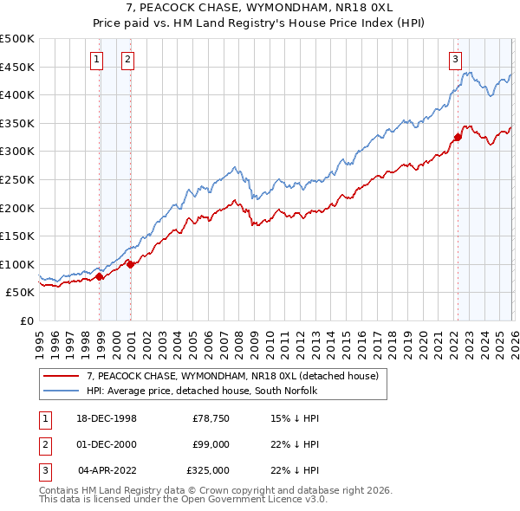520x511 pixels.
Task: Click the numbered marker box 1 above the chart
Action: (x=95, y=60)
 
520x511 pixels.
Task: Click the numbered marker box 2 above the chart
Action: (x=127, y=60)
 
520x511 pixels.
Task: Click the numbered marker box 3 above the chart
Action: (x=455, y=60)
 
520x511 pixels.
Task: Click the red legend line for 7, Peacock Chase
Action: (x=62, y=377)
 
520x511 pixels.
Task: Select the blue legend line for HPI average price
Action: (x=62, y=391)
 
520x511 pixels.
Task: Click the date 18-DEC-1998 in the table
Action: (x=106, y=418)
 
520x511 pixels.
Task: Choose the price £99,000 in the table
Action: (x=211, y=444)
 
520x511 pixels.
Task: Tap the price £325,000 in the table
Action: (x=208, y=470)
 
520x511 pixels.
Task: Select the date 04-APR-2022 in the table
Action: (x=107, y=470)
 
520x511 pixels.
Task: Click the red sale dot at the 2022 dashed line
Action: (x=458, y=137)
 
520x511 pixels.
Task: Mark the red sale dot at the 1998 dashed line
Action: (x=100, y=276)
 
